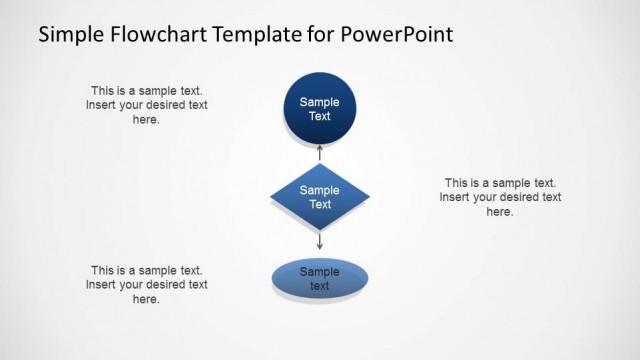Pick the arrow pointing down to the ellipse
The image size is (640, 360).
pos(320,241)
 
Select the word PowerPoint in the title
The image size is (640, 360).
pos(397,35)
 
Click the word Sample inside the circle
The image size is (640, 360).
pos(320,102)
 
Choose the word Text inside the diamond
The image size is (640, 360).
pos(320,204)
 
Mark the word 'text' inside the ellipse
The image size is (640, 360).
pos(320,286)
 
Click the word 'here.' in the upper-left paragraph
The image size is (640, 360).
pos(146,119)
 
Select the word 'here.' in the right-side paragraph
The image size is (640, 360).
pos(500,211)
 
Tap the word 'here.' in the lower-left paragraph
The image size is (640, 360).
pos(146,299)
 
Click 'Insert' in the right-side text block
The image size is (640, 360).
pos(455,197)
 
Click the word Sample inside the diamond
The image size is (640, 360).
pos(320,190)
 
